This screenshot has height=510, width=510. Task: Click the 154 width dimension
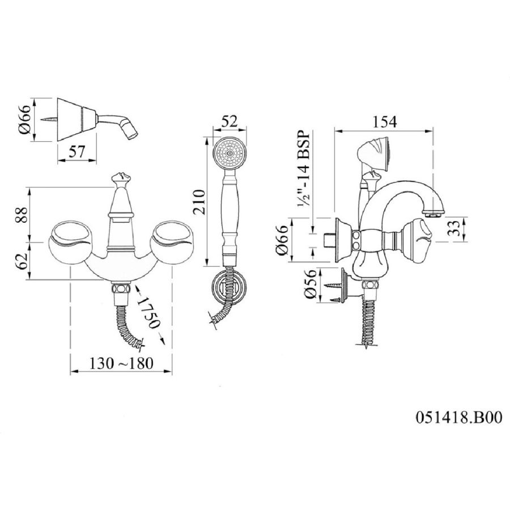point(384,122)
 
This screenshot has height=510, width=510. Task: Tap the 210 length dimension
point(199,202)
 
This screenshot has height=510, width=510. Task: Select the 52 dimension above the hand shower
point(229,121)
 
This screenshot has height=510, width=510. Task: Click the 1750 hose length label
point(148,313)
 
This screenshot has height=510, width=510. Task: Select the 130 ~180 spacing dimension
point(121,363)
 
